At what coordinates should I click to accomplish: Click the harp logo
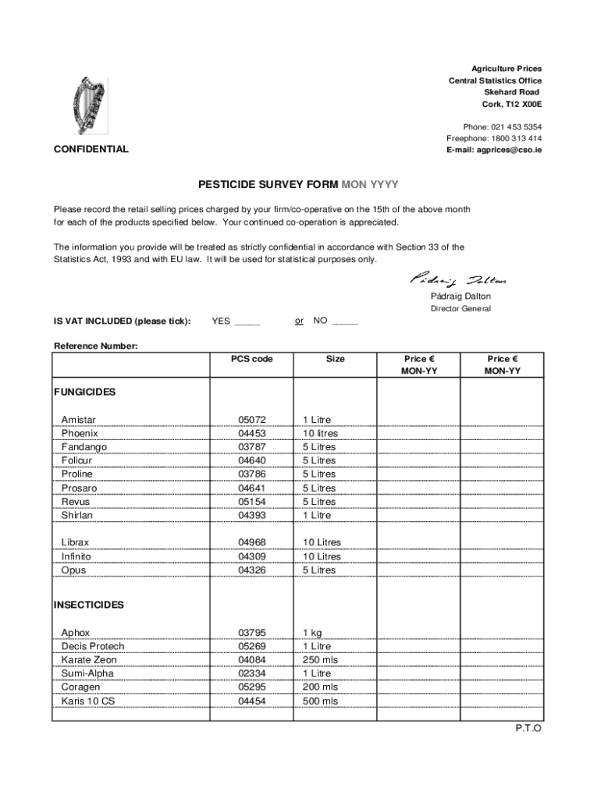(90, 107)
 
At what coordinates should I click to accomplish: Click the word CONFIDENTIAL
(91, 149)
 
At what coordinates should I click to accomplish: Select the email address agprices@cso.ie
(494, 150)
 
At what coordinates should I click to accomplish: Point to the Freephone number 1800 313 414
(513, 138)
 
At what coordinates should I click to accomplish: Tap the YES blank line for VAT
(247, 321)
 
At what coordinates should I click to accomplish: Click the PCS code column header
(251, 359)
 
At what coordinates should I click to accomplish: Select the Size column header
(335, 359)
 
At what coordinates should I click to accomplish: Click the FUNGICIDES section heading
(84, 391)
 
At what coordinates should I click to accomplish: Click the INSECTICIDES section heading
(88, 605)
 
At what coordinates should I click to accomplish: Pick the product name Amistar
(79, 420)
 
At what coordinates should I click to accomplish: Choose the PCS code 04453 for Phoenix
(252, 433)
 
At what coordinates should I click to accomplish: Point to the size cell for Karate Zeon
(320, 660)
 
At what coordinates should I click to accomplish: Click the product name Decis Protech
(93, 646)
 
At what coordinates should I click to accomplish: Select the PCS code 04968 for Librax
(252, 542)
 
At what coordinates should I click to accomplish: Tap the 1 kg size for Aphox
(312, 633)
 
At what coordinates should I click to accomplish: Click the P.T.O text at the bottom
(528, 728)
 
